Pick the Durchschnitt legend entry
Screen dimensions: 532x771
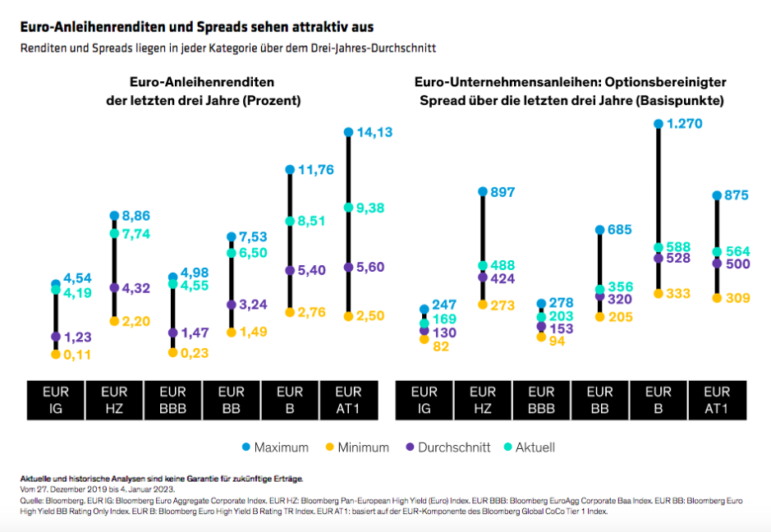tap(447, 447)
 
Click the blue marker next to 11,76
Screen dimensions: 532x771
tap(290, 170)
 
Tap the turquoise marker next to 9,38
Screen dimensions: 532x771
tap(348, 208)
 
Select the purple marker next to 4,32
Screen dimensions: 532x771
tap(114, 288)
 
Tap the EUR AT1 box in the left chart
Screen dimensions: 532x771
tap(348, 400)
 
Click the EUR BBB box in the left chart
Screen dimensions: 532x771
tap(172, 400)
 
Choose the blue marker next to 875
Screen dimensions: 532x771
tap(717, 195)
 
